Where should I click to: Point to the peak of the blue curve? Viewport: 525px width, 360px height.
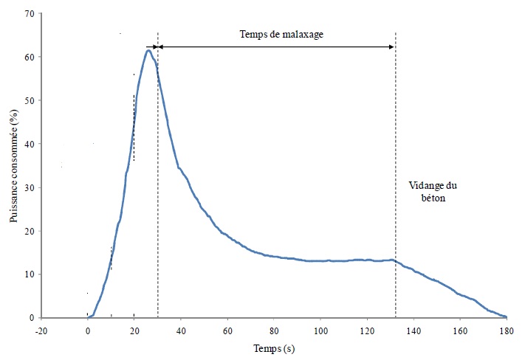click(x=148, y=50)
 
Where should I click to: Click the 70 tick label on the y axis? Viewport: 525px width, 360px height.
click(x=28, y=14)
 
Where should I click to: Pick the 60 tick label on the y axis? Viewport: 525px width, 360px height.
click(x=28, y=58)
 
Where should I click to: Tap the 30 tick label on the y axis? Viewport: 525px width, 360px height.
click(x=28, y=187)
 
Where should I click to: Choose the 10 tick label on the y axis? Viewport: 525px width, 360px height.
click(x=28, y=274)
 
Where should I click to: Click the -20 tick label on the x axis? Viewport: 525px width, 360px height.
click(x=41, y=330)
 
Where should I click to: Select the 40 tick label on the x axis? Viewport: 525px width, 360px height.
click(x=181, y=330)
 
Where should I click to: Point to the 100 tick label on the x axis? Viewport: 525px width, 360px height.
click(x=320, y=330)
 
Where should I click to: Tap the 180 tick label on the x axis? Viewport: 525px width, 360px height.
click(x=506, y=330)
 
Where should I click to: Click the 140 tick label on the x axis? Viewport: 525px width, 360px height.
click(x=414, y=330)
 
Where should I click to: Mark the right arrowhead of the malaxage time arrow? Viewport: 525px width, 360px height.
click(x=391, y=46)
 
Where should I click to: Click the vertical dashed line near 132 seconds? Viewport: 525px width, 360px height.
click(x=395, y=148)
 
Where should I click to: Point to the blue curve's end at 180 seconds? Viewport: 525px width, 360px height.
click(x=506, y=316)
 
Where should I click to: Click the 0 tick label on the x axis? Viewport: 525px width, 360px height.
click(x=88, y=330)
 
